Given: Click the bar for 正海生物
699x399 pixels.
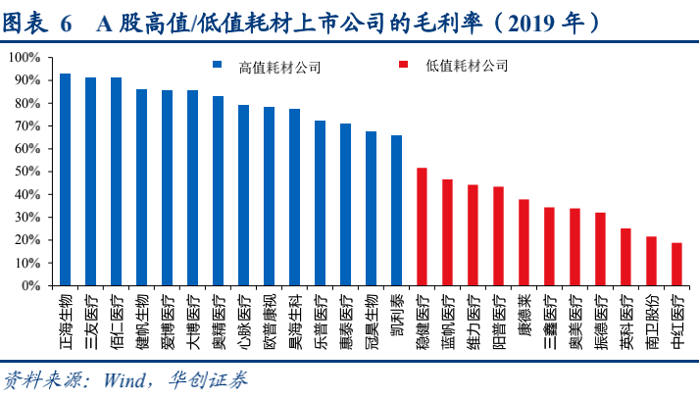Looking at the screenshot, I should [x=65, y=180].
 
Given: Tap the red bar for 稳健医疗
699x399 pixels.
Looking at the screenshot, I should [x=422, y=227].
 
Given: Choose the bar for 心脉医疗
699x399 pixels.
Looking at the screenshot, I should [x=243, y=196].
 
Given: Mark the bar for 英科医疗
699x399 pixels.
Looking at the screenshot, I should [x=625, y=258].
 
